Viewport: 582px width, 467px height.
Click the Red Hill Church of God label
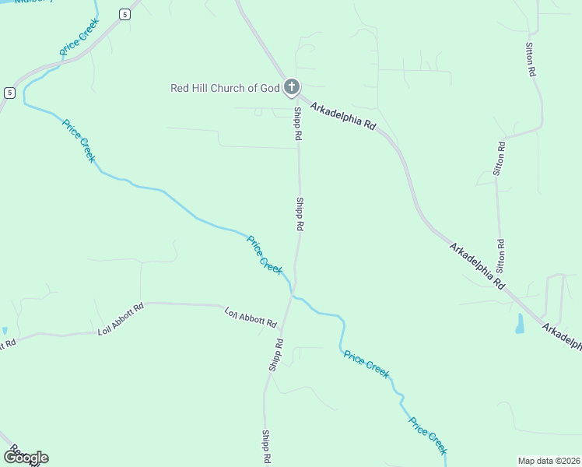coord(224,88)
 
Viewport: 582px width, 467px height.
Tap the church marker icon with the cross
coord(291,87)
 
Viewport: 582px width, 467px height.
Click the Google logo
coord(26,458)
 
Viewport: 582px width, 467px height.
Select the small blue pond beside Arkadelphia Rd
coord(520,323)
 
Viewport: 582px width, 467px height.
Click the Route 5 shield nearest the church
coord(124,14)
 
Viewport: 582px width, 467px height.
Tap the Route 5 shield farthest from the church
coord(9,93)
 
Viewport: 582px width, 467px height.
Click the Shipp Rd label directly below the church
coord(297,124)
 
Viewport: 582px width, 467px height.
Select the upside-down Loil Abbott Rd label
coord(251,318)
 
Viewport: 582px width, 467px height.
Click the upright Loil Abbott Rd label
coord(121,319)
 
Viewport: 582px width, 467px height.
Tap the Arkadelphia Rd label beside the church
coord(342,115)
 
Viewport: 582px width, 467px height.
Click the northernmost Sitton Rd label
coord(531,59)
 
